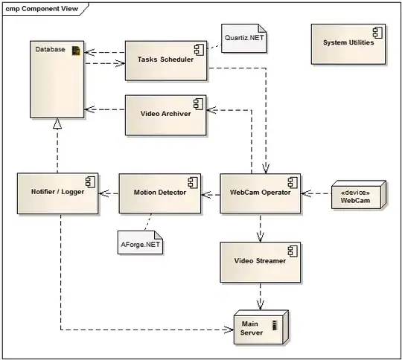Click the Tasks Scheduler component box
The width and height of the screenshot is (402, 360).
click(165, 60)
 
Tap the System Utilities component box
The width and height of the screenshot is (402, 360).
click(348, 42)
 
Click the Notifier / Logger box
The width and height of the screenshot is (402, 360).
click(57, 193)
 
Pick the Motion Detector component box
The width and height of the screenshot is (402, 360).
click(159, 193)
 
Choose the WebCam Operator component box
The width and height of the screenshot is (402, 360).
click(260, 193)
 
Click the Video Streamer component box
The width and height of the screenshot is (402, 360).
click(260, 261)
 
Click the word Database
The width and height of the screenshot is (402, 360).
click(50, 50)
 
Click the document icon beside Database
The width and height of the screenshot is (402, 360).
click(75, 50)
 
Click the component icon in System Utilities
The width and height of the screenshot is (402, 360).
click(377, 32)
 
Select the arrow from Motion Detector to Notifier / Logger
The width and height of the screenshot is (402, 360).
click(109, 193)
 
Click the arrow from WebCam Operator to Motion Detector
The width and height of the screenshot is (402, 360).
click(211, 193)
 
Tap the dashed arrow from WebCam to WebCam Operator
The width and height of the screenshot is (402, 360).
click(316, 193)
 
